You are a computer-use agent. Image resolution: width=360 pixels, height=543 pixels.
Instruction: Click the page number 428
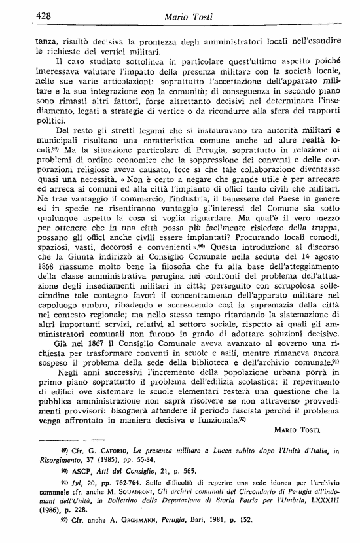click(29, 16)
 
